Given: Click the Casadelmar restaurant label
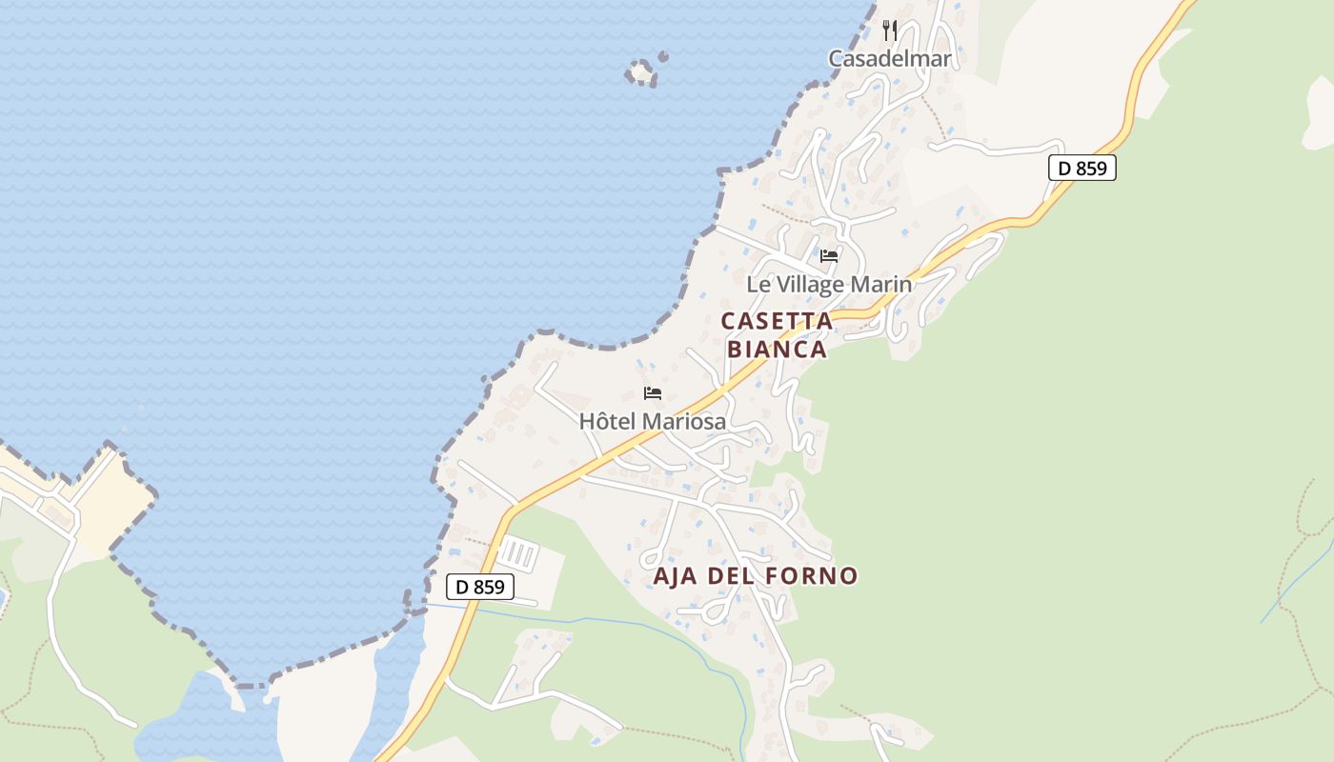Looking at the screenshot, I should click(889, 59).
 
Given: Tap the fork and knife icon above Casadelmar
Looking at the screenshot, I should click(890, 30).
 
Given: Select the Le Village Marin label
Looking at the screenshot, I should click(828, 284).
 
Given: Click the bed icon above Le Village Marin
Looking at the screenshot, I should click(829, 255).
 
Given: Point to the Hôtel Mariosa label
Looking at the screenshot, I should click(653, 421).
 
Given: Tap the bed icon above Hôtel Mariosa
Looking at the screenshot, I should click(653, 392).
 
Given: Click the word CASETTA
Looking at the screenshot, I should click(777, 321).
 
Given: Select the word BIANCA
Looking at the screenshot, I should click(777, 350).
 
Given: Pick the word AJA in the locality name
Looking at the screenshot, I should click(676, 576).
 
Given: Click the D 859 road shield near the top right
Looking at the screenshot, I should click(1081, 169).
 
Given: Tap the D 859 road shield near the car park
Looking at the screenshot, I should click(480, 587).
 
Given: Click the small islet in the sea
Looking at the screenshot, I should click(641, 72).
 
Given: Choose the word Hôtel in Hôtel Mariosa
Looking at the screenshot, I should click(608, 421).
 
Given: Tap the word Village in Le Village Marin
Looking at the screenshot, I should click(808, 284).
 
